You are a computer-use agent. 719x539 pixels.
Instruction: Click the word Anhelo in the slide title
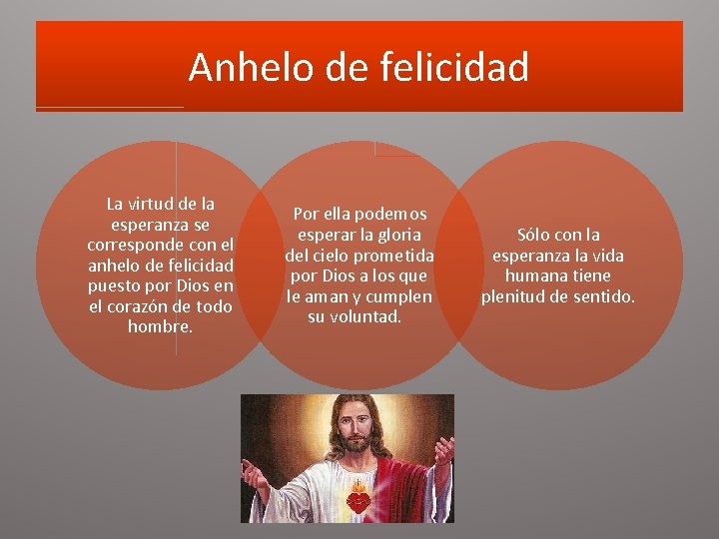point(235,68)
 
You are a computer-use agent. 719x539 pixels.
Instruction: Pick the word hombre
point(160,327)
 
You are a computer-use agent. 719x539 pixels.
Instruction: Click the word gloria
point(400,235)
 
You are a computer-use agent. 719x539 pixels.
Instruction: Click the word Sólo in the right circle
point(535,235)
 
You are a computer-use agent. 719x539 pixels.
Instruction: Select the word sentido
point(602,296)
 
